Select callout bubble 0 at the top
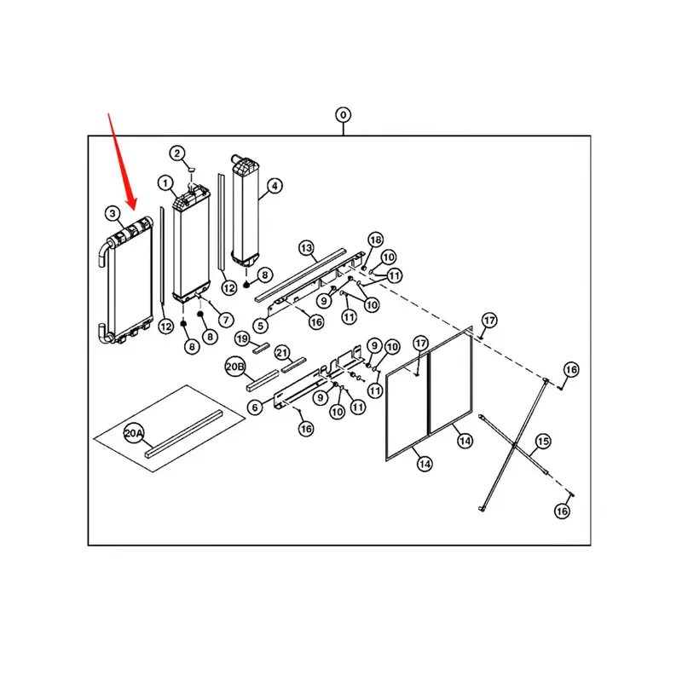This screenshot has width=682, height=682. click(x=343, y=114)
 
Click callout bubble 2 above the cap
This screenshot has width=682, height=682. click(x=176, y=153)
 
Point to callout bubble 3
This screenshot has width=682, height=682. click(x=112, y=212)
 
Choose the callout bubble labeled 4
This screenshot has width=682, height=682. click(x=274, y=184)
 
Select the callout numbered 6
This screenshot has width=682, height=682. click(x=254, y=408)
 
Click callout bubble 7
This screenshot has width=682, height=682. click(x=227, y=320)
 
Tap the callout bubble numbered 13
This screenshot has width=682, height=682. click(x=307, y=247)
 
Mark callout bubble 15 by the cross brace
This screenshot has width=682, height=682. click(x=542, y=442)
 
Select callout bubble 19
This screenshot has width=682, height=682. click(x=242, y=338)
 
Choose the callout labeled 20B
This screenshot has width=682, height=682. click(x=235, y=367)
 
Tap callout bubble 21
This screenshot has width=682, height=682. click(x=282, y=352)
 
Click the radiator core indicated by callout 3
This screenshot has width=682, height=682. click(x=128, y=281)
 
